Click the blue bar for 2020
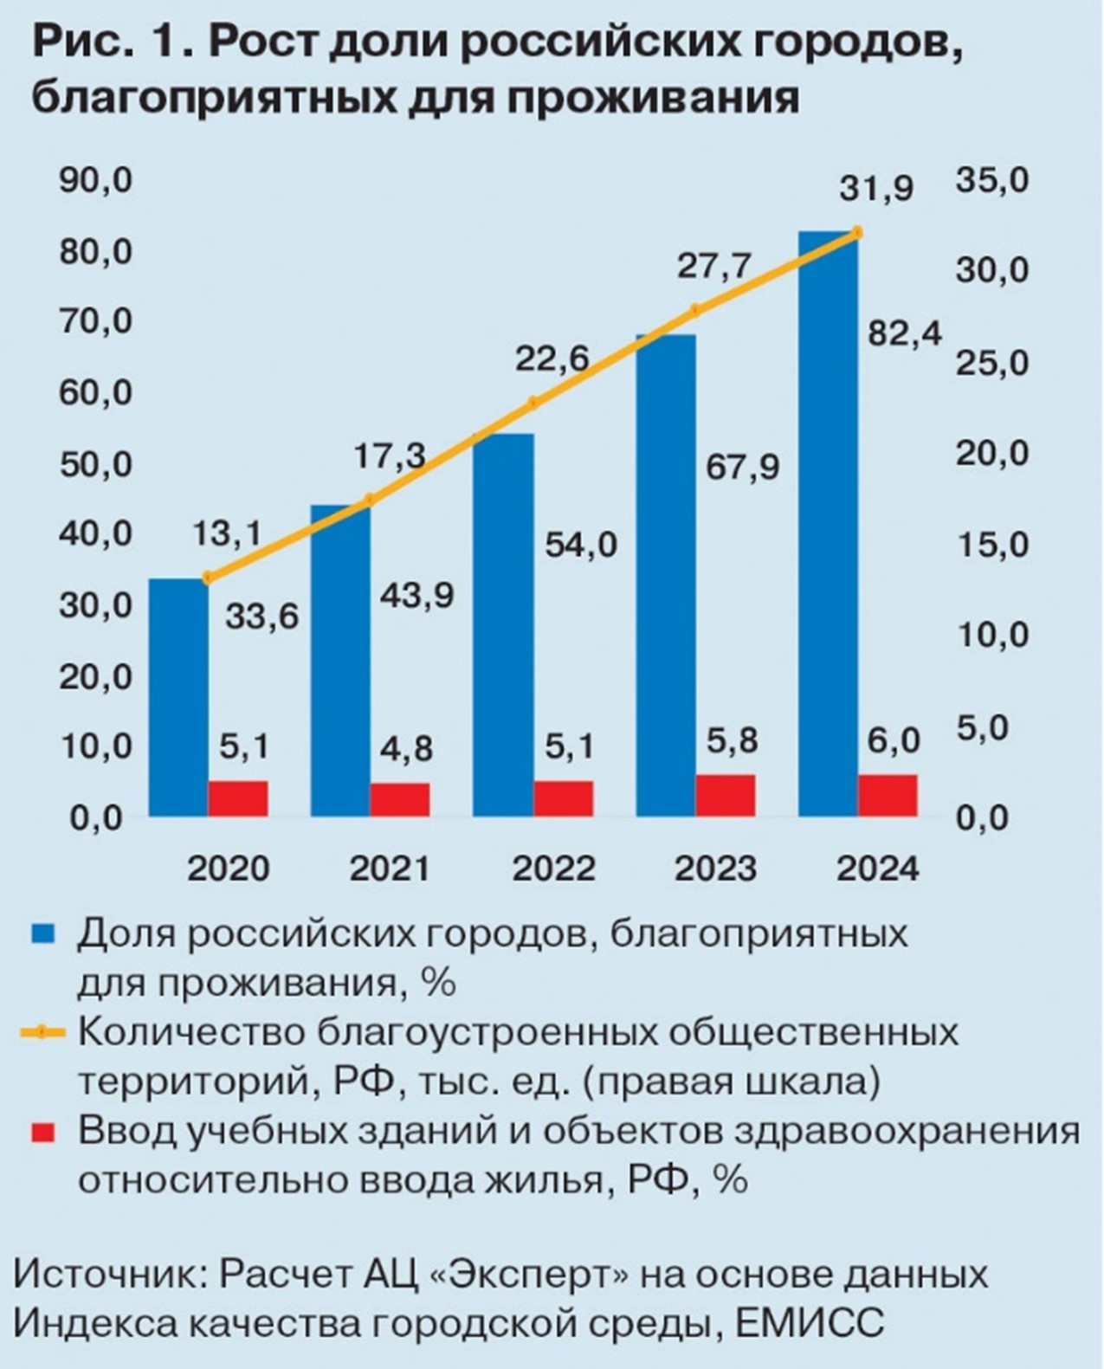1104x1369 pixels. [178, 697]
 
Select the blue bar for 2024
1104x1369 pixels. [829, 524]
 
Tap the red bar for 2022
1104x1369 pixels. [563, 798]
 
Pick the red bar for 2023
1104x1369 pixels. [726, 795]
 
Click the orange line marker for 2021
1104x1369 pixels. [370, 500]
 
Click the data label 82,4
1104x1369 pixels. [905, 333]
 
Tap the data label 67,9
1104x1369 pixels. [742, 467]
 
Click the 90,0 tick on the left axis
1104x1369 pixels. [95, 180]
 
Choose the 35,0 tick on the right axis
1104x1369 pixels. [992, 180]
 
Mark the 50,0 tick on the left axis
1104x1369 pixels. [95, 465]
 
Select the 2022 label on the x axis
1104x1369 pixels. [553, 869]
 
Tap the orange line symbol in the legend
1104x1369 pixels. [42, 1032]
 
